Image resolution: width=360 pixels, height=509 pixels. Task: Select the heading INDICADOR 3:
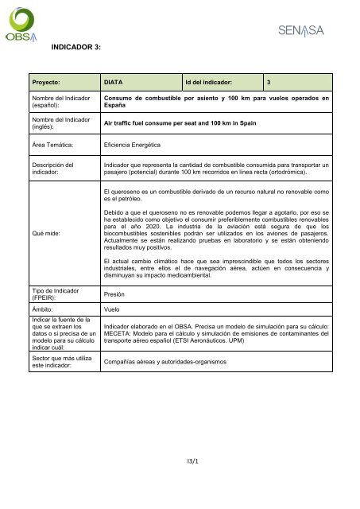point(75,49)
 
